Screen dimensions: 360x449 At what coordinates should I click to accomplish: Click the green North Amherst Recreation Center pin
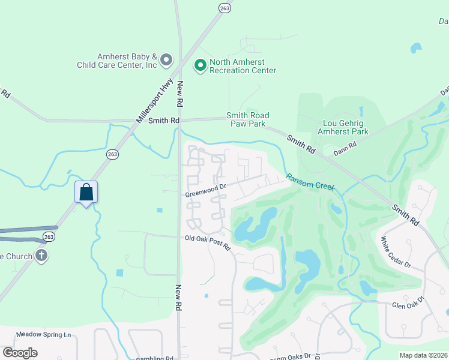pyautogui.click(x=200, y=63)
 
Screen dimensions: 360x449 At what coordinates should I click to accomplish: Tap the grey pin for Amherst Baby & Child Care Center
pyautogui.click(x=166, y=60)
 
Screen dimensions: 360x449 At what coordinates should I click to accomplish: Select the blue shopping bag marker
pyautogui.click(x=86, y=193)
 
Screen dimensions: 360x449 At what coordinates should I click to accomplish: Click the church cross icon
pyautogui.click(x=41, y=256)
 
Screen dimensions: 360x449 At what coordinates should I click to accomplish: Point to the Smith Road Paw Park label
pyautogui.click(x=247, y=119)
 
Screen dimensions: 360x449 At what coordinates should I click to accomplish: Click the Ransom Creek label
pyautogui.click(x=310, y=182)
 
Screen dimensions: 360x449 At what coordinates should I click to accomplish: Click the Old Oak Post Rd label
pyautogui.click(x=207, y=242)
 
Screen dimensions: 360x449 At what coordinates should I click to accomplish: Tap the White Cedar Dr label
pyautogui.click(x=396, y=252)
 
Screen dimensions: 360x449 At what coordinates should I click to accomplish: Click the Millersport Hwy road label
pyautogui.click(x=154, y=101)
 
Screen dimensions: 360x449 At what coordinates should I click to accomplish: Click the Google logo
pyautogui.click(x=20, y=353)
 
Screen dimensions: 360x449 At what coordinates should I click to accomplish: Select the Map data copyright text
pyautogui.click(x=423, y=355)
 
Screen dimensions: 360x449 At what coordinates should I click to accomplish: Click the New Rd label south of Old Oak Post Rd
pyautogui.click(x=178, y=297)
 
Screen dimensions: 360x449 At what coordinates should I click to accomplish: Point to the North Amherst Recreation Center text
pyautogui.click(x=243, y=67)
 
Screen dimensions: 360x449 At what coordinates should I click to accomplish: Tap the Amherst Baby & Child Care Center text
pyautogui.click(x=116, y=60)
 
